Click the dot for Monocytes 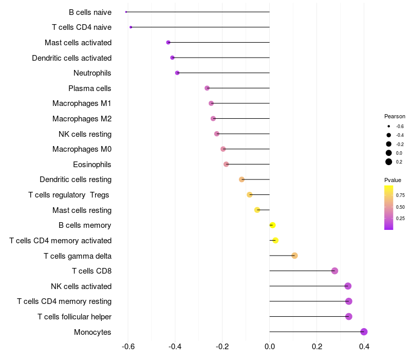[364, 332]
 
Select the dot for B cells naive [126, 12]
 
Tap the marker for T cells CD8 [334, 271]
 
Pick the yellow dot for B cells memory [273, 225]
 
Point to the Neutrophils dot [177, 73]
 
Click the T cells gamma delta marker [294, 256]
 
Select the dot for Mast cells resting [257, 210]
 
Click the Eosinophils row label [92, 165]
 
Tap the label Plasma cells [90, 88]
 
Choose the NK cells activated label [81, 286]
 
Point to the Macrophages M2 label [82, 119]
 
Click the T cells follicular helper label [74, 316]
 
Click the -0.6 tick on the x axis [128, 347]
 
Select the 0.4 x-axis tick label [364, 347]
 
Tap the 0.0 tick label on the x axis [270, 347]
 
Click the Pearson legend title [395, 116]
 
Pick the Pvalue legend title [393, 180]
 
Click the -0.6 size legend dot [389, 126]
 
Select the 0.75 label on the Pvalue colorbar [400, 195]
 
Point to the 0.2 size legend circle [389, 161]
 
